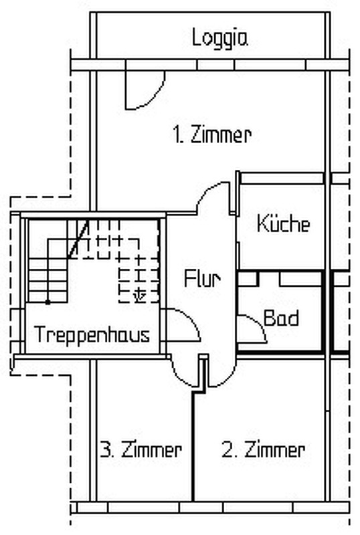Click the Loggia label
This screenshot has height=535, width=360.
point(219,38)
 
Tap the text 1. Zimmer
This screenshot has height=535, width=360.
point(212,134)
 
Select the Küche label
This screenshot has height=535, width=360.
point(284,223)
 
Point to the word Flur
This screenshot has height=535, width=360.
point(202,278)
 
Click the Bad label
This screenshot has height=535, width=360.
point(281,318)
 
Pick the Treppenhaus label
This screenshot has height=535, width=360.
point(92,335)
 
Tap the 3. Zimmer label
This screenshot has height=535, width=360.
point(141,449)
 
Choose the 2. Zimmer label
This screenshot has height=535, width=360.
point(264,449)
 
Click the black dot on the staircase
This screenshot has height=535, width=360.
point(48,302)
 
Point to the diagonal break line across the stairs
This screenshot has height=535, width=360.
point(78,239)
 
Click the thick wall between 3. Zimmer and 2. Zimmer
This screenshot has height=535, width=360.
point(193,445)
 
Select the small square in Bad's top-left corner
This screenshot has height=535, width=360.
point(248,278)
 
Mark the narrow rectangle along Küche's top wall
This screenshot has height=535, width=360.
point(282,178)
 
